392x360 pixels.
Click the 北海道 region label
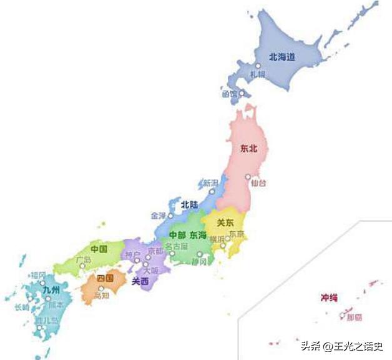(x=282, y=56)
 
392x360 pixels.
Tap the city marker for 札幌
(x=257, y=66)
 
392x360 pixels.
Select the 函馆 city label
(x=229, y=94)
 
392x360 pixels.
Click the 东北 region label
(x=248, y=149)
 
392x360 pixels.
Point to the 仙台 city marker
(x=248, y=177)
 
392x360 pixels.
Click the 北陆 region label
(x=190, y=204)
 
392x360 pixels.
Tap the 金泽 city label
(x=159, y=215)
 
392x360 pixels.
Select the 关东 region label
(x=225, y=222)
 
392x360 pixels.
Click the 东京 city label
(x=237, y=234)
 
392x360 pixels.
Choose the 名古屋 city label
(x=176, y=247)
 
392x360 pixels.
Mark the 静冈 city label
(x=199, y=262)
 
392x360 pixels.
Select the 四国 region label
(x=105, y=278)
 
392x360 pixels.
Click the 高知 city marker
(x=101, y=289)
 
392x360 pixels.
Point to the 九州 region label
(x=51, y=292)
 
